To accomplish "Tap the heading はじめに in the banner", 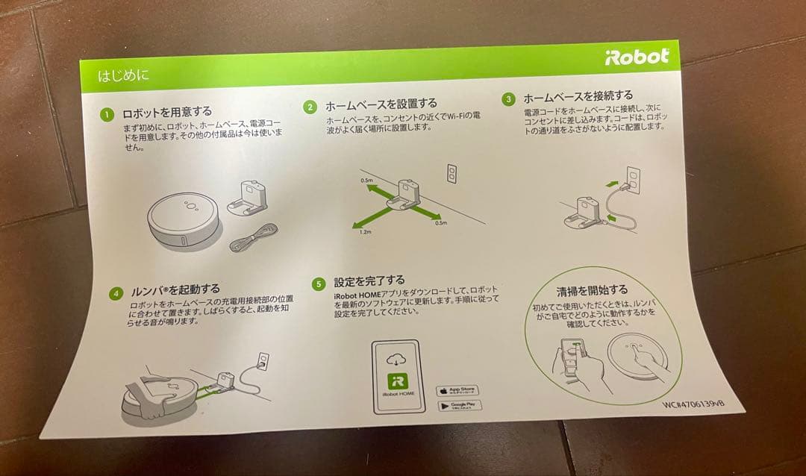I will click(123, 75).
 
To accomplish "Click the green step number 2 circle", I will click(310, 107).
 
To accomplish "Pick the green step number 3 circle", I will click(508, 98).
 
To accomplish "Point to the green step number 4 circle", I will click(115, 293).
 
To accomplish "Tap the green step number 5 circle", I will click(319, 284).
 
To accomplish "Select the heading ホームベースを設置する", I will click(381, 104).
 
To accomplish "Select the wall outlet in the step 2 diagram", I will click(450, 172).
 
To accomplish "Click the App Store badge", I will click(457, 390).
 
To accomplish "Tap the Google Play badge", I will click(458, 406).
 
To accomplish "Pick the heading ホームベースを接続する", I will click(578, 96).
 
